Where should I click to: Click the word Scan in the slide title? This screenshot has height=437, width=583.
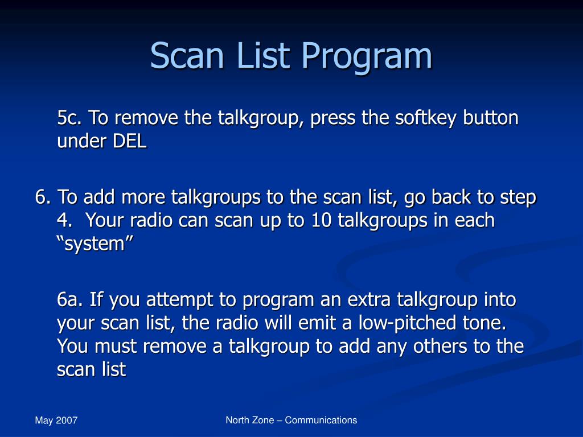187,55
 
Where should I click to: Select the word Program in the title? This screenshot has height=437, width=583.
367,57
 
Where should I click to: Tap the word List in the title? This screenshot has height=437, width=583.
263,55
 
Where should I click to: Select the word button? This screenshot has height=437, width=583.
490,118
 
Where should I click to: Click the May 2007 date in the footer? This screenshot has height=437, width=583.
56,420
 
